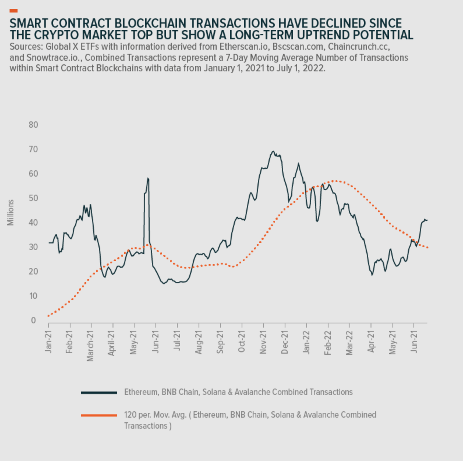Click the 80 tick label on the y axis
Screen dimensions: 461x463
(x=33, y=125)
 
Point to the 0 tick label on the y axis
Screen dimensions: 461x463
(x=33, y=320)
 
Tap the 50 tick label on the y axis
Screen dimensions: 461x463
(x=33, y=198)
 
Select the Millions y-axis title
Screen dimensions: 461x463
(x=10, y=212)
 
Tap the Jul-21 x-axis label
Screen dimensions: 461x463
(x=177, y=341)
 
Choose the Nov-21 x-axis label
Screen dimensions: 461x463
(x=263, y=341)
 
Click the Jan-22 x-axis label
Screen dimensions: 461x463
(x=306, y=341)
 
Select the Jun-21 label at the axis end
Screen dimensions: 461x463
(x=414, y=341)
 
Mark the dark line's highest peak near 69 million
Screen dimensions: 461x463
(x=273, y=151)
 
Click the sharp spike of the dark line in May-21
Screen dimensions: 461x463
(x=148, y=178)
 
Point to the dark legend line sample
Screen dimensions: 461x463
(x=99, y=393)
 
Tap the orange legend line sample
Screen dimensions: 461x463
(x=99, y=415)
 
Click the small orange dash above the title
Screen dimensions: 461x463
(x=13, y=11)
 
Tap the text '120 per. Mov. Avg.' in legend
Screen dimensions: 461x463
(x=155, y=415)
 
